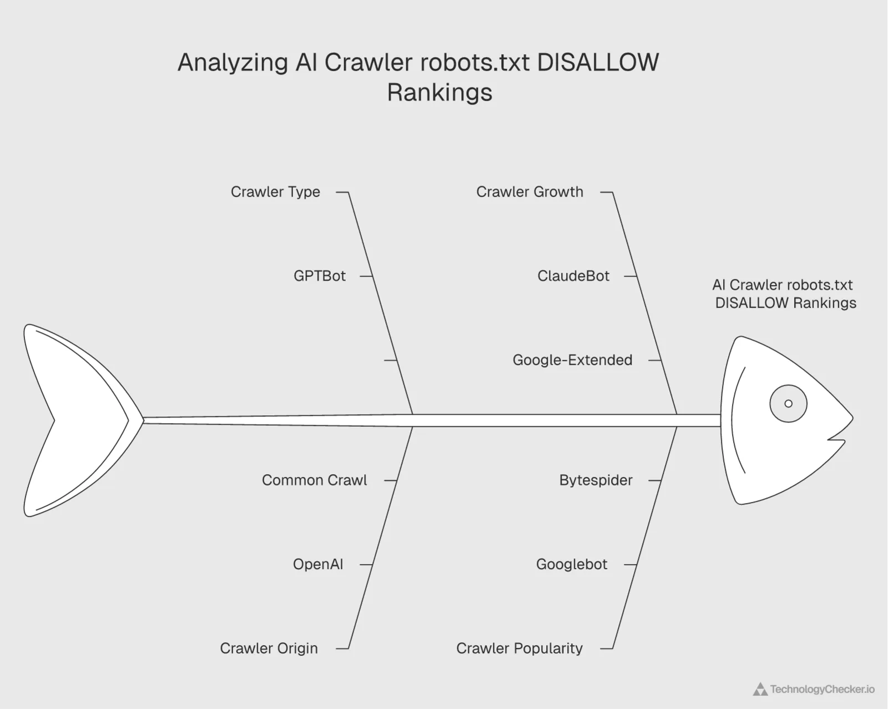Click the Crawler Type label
pyautogui.click(x=275, y=192)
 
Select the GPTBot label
pyautogui.click(x=319, y=276)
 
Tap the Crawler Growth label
pyautogui.click(x=529, y=192)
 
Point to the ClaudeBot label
pyautogui.click(x=573, y=276)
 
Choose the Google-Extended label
pyautogui.click(x=572, y=360)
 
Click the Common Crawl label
pyautogui.click(x=314, y=480)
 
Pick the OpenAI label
pyautogui.click(x=317, y=565)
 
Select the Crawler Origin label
pyautogui.click(x=269, y=648)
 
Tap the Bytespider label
pyautogui.click(x=596, y=480)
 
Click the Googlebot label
pyautogui.click(x=572, y=565)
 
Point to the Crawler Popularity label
pyautogui.click(x=519, y=648)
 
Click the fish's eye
pyautogui.click(x=788, y=404)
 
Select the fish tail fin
pyautogui.click(x=72, y=420)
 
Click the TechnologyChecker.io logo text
pyautogui.click(x=822, y=690)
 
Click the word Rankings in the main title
pyautogui.click(x=440, y=92)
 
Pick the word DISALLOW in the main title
pyautogui.click(x=598, y=62)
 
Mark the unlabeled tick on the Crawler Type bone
pyautogui.click(x=390, y=360)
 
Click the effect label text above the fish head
pyautogui.click(x=784, y=294)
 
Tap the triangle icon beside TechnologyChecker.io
pyautogui.click(x=760, y=690)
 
